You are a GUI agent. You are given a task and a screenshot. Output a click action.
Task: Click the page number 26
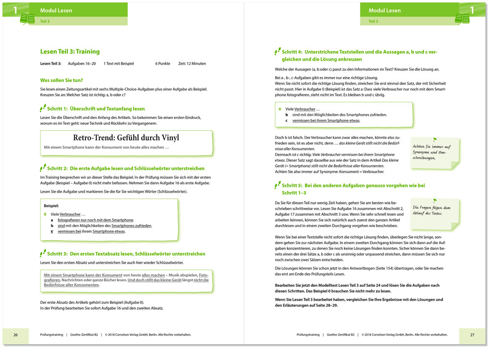[x=16, y=335]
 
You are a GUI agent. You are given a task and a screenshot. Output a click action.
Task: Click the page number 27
[x=472, y=335]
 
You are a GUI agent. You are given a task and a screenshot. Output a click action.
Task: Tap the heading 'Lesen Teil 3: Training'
[x=69, y=51]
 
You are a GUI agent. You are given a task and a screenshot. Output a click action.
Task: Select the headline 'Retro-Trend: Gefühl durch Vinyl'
[x=126, y=137]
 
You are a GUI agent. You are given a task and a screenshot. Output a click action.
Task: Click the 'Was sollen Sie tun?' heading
[x=61, y=80]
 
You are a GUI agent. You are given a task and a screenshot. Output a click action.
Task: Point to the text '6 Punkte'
[x=163, y=64]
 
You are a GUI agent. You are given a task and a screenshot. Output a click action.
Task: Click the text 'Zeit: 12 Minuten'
[x=192, y=64]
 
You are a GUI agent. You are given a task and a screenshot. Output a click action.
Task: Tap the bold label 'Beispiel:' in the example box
[x=51, y=206]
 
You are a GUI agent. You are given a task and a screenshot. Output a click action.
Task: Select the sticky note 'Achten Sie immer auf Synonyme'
[x=432, y=152]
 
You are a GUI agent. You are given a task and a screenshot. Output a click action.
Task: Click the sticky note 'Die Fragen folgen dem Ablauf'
[x=432, y=211]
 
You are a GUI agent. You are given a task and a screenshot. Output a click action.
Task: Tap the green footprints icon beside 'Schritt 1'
[x=43, y=108]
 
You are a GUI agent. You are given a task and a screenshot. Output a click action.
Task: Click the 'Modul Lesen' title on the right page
[x=384, y=10]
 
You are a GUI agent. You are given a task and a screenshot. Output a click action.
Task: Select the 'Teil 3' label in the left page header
[x=44, y=22]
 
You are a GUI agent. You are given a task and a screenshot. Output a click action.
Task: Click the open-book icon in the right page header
[x=462, y=19]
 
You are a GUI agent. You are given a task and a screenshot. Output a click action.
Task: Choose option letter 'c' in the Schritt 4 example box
[x=287, y=120]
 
